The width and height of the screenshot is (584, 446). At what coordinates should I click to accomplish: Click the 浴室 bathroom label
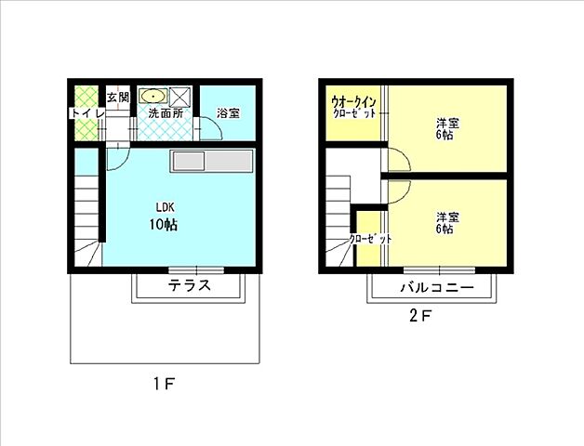point(228,113)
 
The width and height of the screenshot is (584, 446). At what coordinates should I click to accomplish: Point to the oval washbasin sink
point(153,96)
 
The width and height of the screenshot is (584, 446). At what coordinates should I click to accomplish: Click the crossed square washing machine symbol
point(180,96)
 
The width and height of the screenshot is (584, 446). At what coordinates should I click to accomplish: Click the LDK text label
point(166,207)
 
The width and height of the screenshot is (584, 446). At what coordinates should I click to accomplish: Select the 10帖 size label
point(164,224)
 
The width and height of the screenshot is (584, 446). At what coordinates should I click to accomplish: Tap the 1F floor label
point(164,383)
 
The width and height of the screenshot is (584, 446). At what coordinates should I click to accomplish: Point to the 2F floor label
point(421,314)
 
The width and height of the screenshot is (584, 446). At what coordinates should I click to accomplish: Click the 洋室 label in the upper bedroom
point(446,122)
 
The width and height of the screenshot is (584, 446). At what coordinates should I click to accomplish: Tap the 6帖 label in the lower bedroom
point(446,229)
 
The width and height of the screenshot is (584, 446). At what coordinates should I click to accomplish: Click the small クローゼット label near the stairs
point(369,239)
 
